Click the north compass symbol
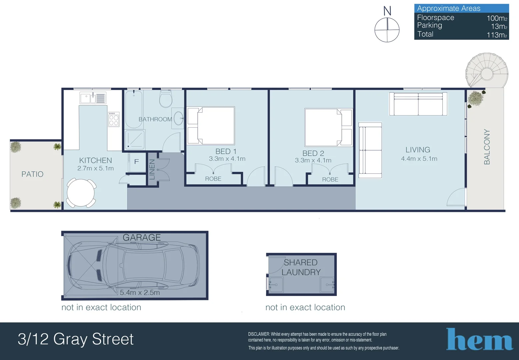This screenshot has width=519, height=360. (387, 29)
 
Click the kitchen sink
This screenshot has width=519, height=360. (93, 98)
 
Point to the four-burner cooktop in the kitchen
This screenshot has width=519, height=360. (114, 119)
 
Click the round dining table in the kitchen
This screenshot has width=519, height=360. (81, 193)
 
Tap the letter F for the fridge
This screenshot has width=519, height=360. (136, 162)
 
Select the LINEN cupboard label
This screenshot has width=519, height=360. (152, 169)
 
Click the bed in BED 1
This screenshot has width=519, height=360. (211, 125)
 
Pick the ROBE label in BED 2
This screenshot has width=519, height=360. (330, 179)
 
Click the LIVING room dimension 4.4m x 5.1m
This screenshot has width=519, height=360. (419, 159)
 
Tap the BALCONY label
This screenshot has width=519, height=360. (487, 147)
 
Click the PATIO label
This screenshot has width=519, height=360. (32, 174)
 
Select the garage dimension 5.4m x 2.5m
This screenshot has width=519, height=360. (140, 293)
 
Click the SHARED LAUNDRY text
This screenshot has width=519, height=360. (301, 267)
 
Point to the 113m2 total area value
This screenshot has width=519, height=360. (496, 35)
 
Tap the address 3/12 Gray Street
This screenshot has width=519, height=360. (76, 339)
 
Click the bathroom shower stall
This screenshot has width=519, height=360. (135, 140)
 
